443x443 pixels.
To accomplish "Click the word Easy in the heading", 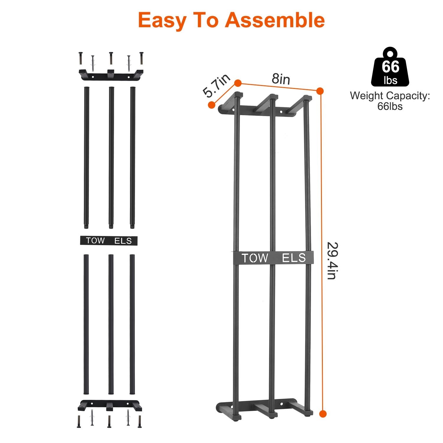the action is point(162,20).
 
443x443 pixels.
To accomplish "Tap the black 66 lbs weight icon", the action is point(390,66).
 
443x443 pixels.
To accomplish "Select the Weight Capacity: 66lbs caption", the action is point(390,101).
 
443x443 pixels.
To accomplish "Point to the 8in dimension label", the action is point(281,79).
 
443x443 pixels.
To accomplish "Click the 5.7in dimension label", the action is point(216,86).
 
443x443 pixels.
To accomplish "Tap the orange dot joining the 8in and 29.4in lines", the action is point(320,91).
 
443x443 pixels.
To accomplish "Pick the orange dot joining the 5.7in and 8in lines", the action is point(238,83).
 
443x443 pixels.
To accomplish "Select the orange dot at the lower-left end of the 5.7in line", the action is point(211,105).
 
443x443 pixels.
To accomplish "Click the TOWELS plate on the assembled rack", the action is point(273,258).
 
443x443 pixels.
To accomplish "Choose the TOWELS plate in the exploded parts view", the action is point(109,240).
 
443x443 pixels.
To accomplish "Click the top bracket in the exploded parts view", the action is point(111,74).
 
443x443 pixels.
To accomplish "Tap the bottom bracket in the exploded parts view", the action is point(110,405).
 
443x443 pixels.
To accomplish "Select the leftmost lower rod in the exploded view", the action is point(86,324).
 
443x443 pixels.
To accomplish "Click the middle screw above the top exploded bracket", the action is point(111,58).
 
